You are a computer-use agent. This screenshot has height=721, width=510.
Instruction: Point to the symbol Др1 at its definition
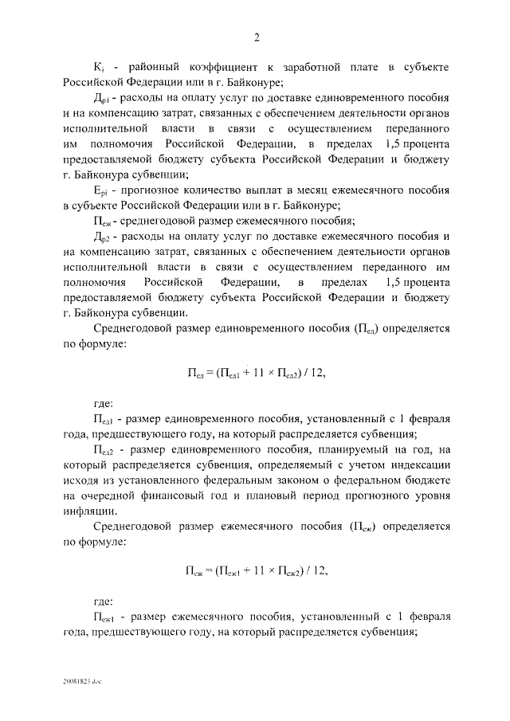[101, 99]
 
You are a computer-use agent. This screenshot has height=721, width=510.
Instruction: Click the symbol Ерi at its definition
[101, 192]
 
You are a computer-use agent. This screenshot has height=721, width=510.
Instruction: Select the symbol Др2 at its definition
[101, 237]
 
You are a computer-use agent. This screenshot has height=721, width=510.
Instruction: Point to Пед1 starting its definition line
[105, 418]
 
